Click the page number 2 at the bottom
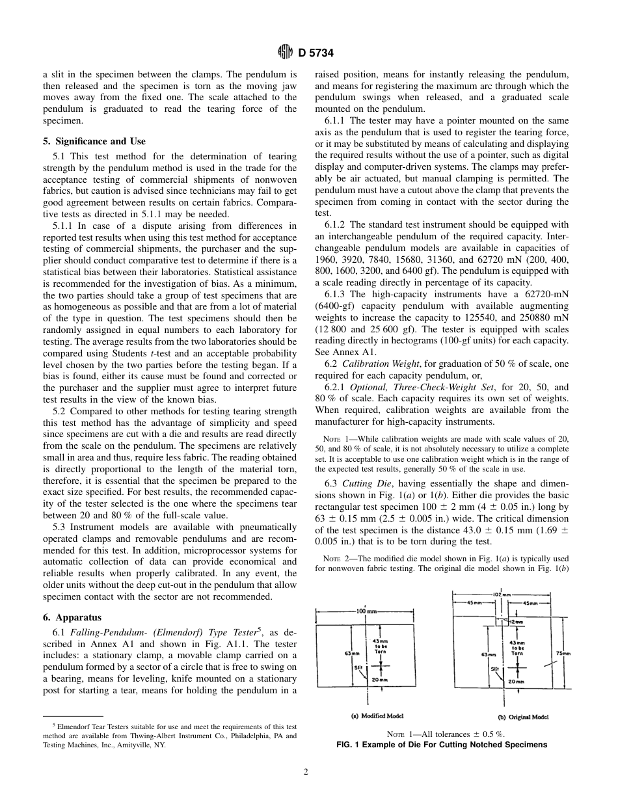click(305, 772)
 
